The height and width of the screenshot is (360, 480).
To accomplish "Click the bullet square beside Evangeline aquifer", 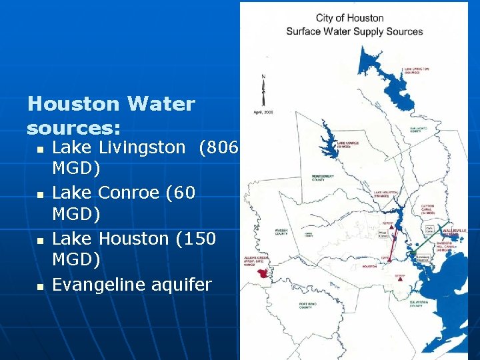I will (39, 286).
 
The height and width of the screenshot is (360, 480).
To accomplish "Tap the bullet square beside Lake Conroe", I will (39, 194).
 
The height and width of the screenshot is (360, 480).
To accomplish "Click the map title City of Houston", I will (350, 18).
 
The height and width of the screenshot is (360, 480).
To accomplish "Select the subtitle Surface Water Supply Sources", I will (354, 31).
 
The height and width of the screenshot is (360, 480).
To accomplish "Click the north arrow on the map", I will (263, 90).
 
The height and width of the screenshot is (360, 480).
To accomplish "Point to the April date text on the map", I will (263, 112).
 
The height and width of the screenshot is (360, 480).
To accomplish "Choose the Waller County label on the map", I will (281, 232).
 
